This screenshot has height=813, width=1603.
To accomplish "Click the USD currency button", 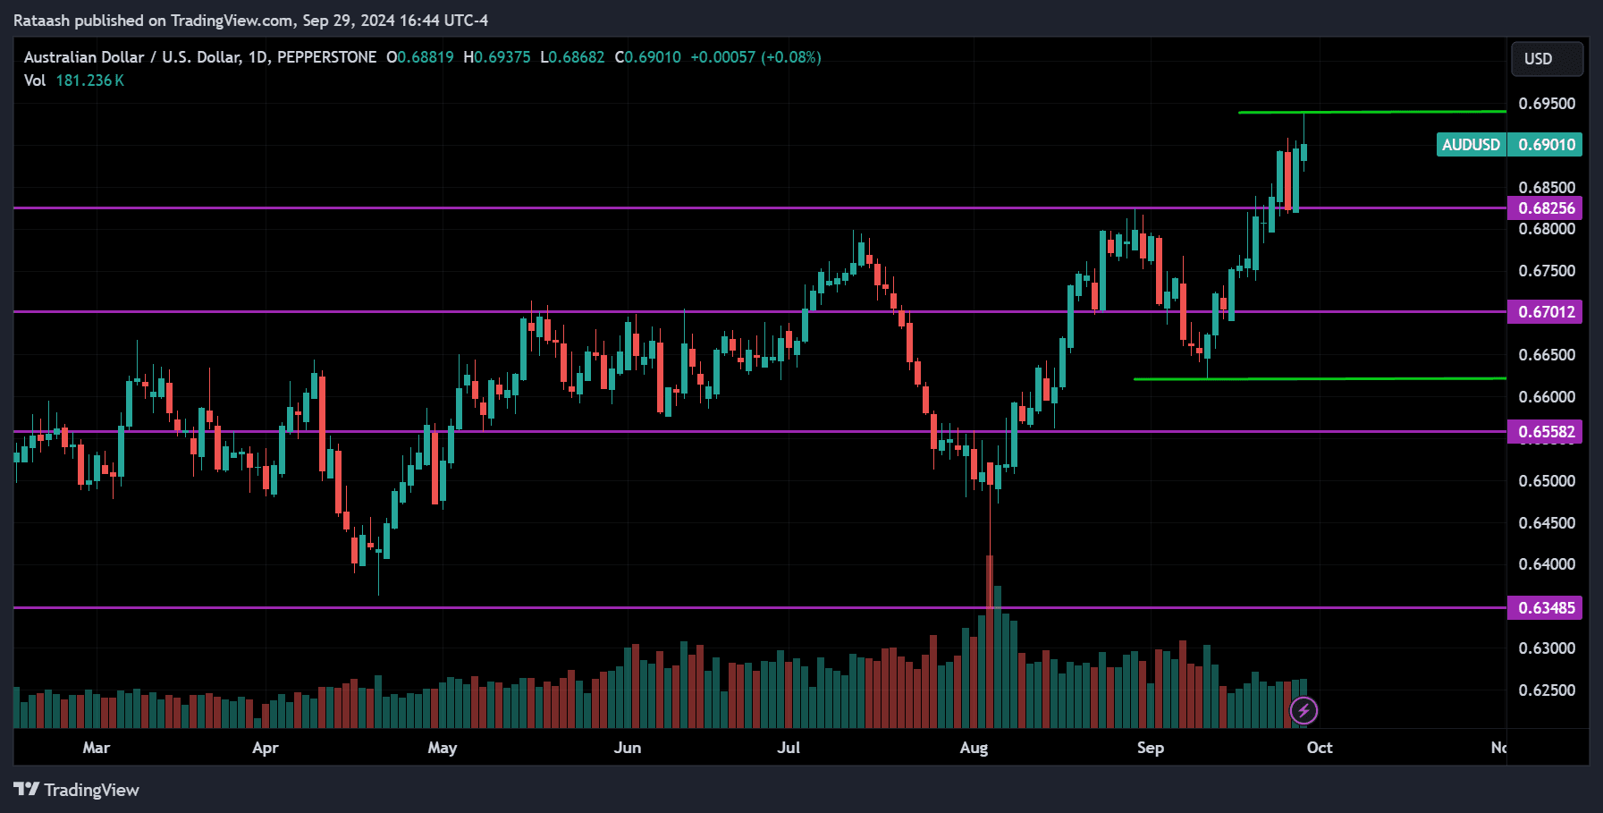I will (x=1547, y=59).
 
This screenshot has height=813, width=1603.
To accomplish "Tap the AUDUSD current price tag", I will (x=1509, y=145).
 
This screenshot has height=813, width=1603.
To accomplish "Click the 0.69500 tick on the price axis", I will (x=1546, y=104).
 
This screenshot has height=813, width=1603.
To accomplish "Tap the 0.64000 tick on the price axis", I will (x=1546, y=564).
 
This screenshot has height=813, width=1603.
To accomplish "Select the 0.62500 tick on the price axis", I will (x=1546, y=690).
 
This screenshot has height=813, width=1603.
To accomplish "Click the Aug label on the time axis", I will (x=974, y=748).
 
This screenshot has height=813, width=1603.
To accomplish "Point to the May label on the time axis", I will (x=443, y=748).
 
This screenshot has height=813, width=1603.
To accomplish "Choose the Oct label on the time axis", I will (x=1320, y=748).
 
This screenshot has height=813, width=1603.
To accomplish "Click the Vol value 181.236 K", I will (x=89, y=80).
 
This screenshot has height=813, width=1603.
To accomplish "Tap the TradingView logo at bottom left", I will (x=77, y=790).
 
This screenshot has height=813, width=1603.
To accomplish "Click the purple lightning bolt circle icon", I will (x=1303, y=711).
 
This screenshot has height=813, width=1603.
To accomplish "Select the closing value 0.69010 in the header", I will (x=652, y=57).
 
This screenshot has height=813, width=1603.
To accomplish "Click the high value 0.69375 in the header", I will (x=502, y=57).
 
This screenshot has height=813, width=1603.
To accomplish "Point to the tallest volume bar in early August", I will (x=990, y=644).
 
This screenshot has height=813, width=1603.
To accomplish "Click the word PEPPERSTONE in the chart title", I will (x=326, y=57).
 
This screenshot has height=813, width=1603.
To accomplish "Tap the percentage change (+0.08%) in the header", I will (x=790, y=57).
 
